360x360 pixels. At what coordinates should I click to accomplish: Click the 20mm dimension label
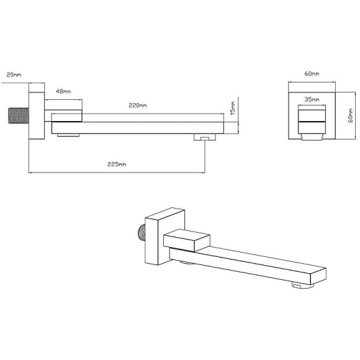[14, 75]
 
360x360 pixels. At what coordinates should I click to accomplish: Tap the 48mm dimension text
[63, 91]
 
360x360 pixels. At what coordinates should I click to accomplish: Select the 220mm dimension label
[138, 106]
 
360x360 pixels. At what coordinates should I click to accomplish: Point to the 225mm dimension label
[117, 164]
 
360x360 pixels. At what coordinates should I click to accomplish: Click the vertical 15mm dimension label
[233, 108]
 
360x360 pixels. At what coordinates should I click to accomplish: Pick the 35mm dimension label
[312, 100]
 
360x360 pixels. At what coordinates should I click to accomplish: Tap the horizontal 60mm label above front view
[312, 74]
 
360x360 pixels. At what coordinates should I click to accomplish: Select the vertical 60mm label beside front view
[351, 115]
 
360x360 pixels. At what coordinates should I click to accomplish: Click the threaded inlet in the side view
[19, 115]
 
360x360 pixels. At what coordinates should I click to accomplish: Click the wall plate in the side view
[37, 115]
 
